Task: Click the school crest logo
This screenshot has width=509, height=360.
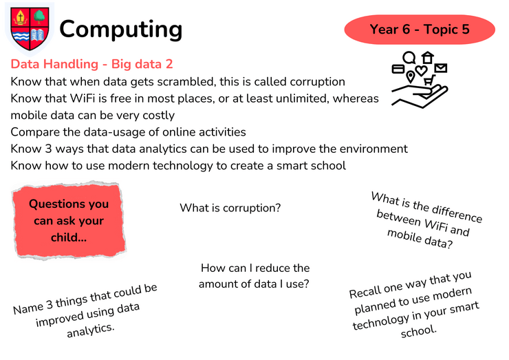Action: pos(30,29)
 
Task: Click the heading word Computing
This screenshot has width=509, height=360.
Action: pos(121,30)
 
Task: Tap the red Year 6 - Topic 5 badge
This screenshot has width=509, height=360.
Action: pos(420,29)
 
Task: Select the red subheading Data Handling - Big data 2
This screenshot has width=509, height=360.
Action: pos(91,64)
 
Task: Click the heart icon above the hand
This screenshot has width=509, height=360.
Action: pos(421,70)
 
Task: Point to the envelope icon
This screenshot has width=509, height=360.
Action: pos(440,68)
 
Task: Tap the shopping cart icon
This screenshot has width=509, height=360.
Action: pos(429,80)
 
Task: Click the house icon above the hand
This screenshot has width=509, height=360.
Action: pos(428,57)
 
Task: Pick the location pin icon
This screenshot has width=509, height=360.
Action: pos(411,77)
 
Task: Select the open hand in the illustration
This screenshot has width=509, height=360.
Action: pos(420,96)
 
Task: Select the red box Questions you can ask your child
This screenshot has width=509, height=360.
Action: pos(69,221)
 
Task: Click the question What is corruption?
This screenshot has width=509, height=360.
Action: pos(230,208)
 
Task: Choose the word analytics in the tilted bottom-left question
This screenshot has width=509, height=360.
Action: pos(91,330)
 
